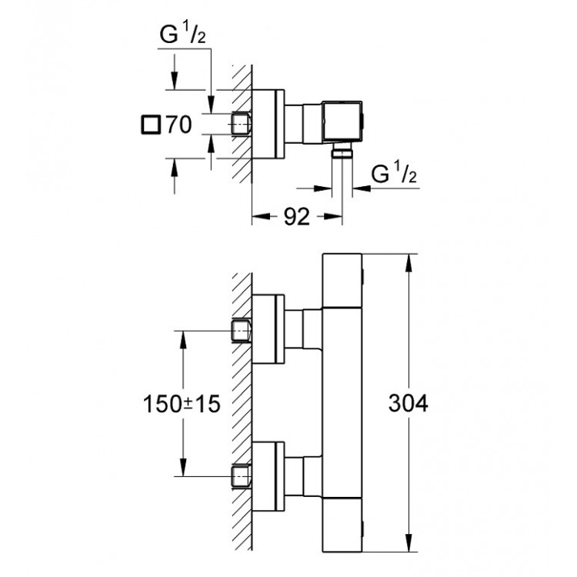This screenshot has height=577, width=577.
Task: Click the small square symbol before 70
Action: [x=151, y=123]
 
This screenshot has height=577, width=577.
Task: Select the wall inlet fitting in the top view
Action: [x=242, y=123]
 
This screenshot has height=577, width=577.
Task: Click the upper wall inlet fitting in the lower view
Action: [x=242, y=331]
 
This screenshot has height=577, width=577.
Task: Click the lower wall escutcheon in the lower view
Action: [x=269, y=478]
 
